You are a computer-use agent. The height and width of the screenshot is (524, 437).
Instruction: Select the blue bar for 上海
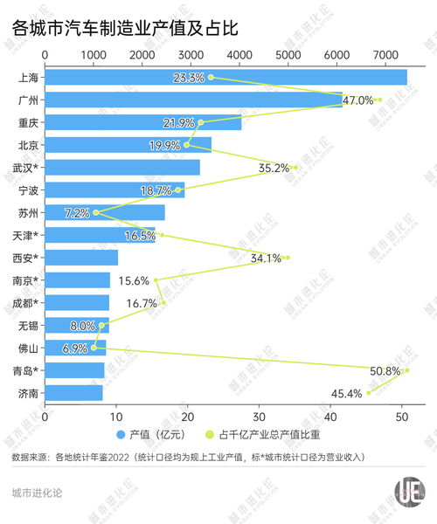coord(225,77)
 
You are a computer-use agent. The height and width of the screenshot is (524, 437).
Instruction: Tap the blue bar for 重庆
coord(142,122)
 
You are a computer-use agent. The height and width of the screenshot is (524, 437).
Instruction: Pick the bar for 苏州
coord(104,212)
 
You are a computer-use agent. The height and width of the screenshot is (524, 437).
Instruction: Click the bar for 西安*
coord(80,258)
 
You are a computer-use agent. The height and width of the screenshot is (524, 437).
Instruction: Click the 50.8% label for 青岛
coord(385,371)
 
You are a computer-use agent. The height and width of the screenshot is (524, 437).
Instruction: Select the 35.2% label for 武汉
coord(274,168)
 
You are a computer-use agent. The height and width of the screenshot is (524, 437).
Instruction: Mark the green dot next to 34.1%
coord(287,258)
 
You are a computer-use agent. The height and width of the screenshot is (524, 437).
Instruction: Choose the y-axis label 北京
coord(28,145)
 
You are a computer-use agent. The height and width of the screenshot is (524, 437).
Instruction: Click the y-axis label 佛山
coord(28,348)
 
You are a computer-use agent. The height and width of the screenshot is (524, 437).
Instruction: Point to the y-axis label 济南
coord(28,394)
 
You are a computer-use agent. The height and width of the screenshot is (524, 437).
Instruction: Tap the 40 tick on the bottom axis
coord(329,417)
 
